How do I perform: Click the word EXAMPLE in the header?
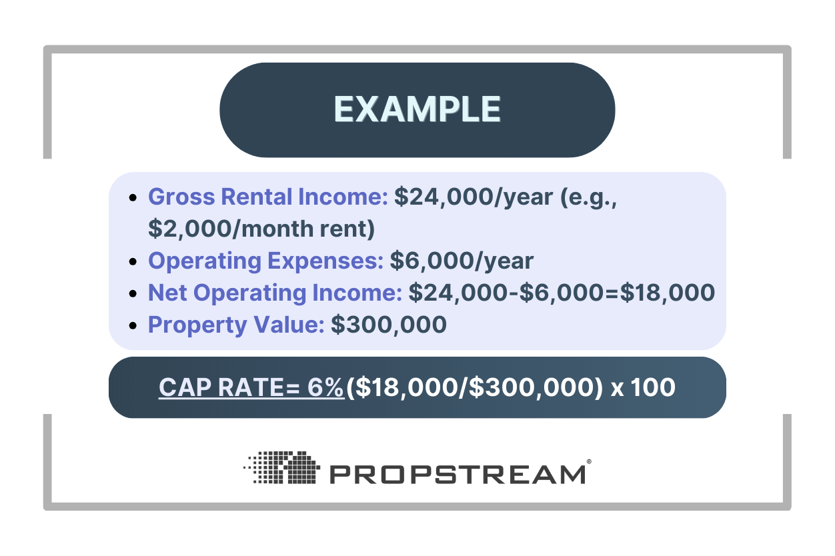(417, 109)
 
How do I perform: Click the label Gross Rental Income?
(267, 197)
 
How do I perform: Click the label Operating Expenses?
(265, 261)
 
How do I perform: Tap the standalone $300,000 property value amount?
(388, 325)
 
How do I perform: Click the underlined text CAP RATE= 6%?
(251, 387)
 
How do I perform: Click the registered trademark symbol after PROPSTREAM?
(588, 461)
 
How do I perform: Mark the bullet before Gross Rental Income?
(134, 199)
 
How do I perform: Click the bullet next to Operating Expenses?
(134, 262)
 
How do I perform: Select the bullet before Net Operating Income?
(134, 294)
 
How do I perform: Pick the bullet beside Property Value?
(134, 326)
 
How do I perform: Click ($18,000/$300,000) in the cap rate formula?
(474, 387)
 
